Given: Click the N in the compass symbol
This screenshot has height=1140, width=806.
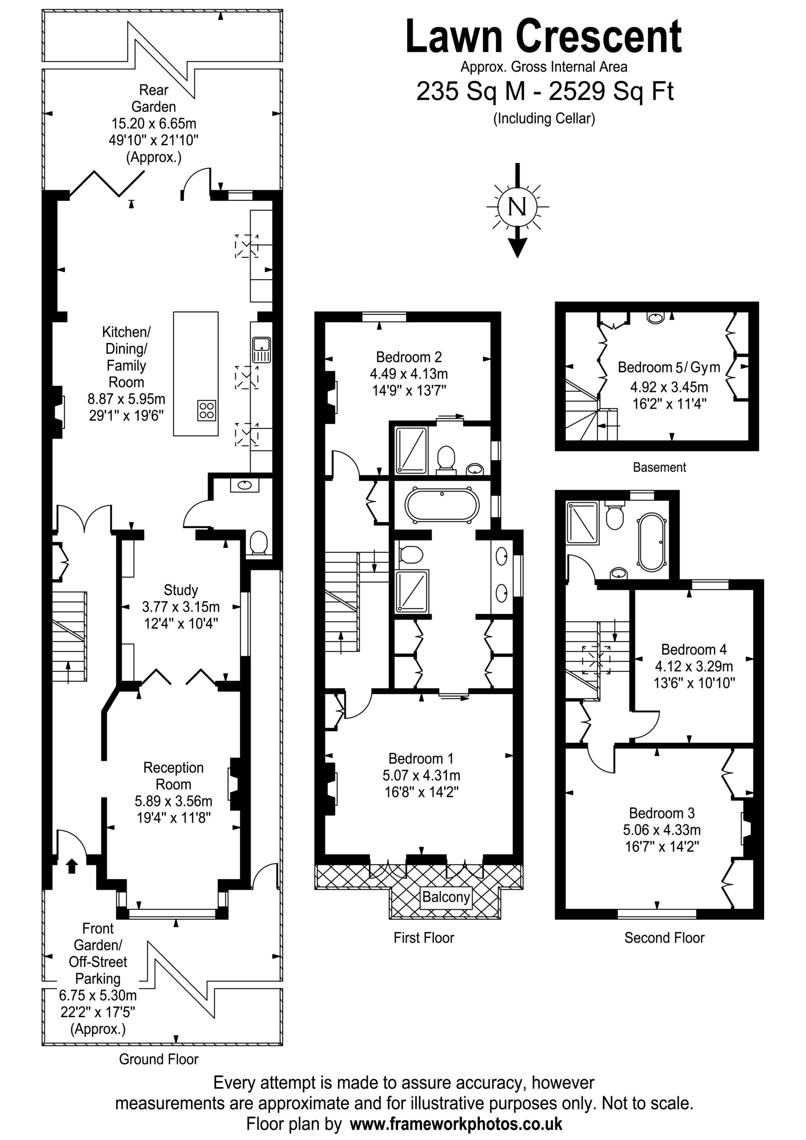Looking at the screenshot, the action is click(x=517, y=206).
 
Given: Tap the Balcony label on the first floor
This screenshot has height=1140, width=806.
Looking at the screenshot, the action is click(x=446, y=897).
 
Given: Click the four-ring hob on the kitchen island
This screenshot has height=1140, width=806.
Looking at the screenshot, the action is click(x=207, y=410).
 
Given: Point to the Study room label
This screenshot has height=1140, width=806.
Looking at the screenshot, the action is click(x=181, y=590).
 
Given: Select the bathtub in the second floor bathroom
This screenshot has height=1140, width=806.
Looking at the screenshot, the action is click(x=651, y=541).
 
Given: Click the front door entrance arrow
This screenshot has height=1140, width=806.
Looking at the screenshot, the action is click(x=72, y=866).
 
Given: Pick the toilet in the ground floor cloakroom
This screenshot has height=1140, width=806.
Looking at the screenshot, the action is click(x=258, y=543).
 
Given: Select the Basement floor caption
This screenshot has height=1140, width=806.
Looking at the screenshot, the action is click(x=659, y=467).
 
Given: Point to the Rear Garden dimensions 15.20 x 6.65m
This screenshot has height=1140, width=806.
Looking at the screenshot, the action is click(x=154, y=123).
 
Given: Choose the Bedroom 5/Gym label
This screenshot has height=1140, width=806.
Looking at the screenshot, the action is click(x=669, y=367).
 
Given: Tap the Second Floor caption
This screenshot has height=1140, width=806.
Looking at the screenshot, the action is click(x=664, y=938).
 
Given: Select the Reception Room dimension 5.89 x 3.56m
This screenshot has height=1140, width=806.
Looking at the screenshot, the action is click(x=173, y=801).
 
